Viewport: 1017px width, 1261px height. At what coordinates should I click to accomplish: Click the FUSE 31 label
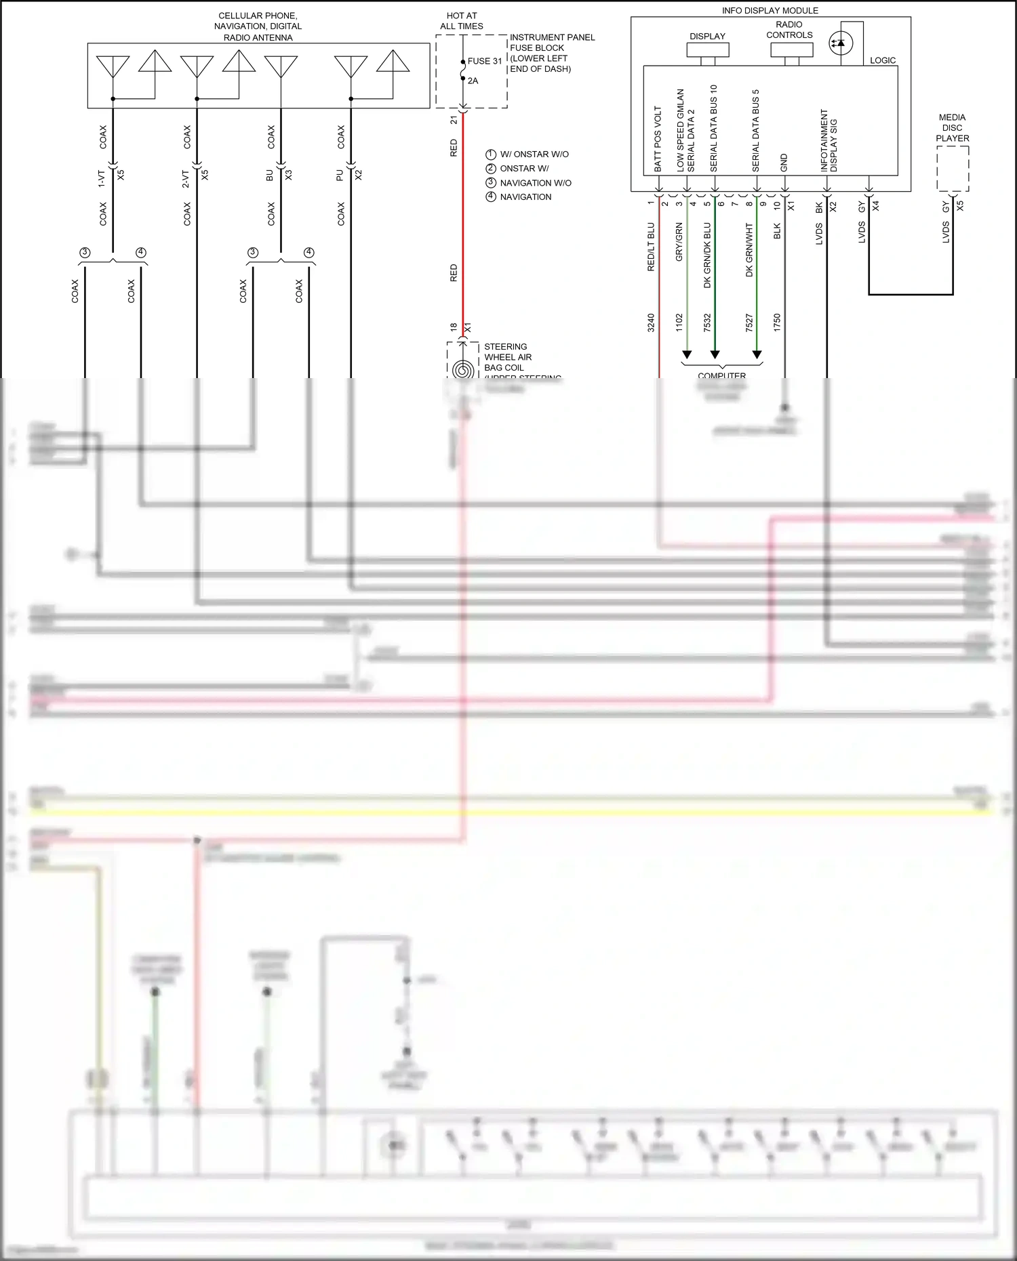tap(484, 61)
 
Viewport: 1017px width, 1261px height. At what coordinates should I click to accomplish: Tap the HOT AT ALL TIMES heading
tap(462, 21)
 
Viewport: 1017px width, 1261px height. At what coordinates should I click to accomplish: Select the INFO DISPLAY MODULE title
tap(770, 11)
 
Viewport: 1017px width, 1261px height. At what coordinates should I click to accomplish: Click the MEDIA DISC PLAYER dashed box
tap(953, 169)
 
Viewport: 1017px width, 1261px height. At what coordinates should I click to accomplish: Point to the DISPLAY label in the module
tap(707, 37)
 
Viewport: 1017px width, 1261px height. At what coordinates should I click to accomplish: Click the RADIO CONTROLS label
tap(789, 30)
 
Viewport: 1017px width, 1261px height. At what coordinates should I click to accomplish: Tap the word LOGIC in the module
tap(883, 60)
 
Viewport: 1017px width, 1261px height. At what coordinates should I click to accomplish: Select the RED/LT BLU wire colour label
tap(651, 247)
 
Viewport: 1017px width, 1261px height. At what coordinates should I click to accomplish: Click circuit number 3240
tap(651, 323)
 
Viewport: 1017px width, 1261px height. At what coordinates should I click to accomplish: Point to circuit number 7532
tap(707, 323)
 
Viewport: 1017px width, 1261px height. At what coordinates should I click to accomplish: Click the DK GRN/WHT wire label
tap(749, 249)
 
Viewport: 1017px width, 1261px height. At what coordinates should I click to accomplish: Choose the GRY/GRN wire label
tap(679, 242)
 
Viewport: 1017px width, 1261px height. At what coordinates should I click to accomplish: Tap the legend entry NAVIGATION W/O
tap(536, 183)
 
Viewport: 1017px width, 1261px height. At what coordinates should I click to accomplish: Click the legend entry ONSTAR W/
tap(524, 169)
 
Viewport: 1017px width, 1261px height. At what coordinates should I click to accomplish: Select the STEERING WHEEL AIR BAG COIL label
tap(508, 357)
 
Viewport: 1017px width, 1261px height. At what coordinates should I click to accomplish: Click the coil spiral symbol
tap(463, 370)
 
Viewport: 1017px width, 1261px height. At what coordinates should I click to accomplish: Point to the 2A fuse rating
tap(473, 81)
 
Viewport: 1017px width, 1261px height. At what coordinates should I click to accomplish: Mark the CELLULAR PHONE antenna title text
tap(258, 26)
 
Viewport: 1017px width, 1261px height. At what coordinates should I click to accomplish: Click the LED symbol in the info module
tap(841, 43)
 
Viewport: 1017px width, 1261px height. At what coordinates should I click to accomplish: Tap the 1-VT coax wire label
tap(101, 179)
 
